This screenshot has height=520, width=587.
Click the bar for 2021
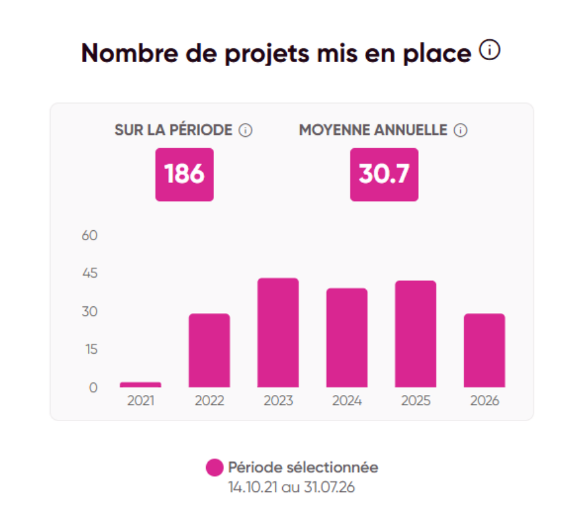point(140,384)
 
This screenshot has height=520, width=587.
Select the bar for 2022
point(209,350)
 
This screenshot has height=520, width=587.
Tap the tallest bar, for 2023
point(278,332)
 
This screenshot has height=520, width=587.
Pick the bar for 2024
point(347,338)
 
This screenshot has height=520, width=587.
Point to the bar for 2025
point(416,334)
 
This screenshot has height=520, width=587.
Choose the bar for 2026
point(484,350)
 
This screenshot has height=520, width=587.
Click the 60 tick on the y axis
point(90,235)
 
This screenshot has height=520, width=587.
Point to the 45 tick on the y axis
point(90,273)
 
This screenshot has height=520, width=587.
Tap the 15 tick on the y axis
point(91,349)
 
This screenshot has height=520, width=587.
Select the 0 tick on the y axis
point(93,387)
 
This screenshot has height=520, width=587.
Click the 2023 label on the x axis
point(278,401)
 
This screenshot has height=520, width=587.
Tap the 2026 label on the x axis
point(484,401)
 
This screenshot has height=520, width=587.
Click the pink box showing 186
point(185,175)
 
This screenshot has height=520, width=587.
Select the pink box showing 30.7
point(384,175)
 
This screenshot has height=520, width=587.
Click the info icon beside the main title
point(490,50)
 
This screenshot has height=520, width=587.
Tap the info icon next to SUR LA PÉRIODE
point(245,130)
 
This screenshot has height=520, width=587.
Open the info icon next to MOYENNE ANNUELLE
point(460,130)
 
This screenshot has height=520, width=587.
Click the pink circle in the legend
point(215,467)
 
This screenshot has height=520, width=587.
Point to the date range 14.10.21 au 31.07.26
point(291,487)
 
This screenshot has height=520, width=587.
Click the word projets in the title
point(267,54)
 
